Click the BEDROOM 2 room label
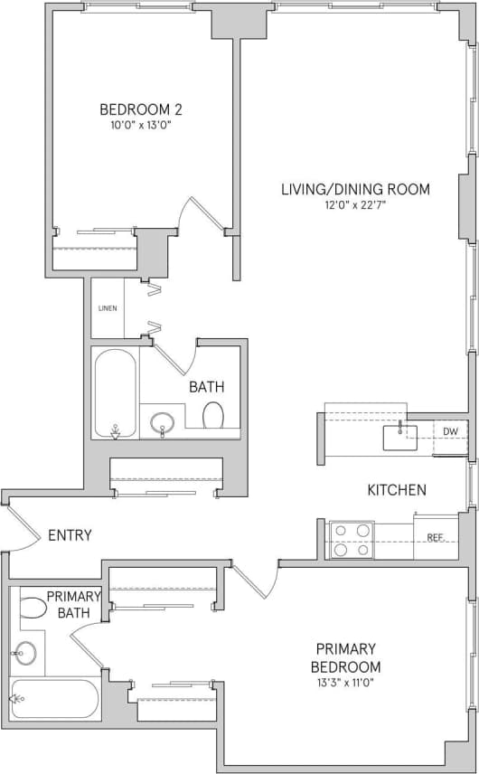point(141,109)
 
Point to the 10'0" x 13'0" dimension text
point(141,126)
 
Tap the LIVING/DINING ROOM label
point(355,189)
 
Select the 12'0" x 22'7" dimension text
point(355,205)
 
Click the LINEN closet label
point(107,308)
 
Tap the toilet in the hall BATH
point(214,416)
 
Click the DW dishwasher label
point(450,431)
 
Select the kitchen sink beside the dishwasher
point(399,437)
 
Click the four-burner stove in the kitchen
point(352,539)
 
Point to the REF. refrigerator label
point(436,537)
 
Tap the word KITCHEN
point(396,490)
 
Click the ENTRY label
point(70,535)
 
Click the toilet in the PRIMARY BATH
point(33,607)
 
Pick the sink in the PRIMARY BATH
point(26,652)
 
